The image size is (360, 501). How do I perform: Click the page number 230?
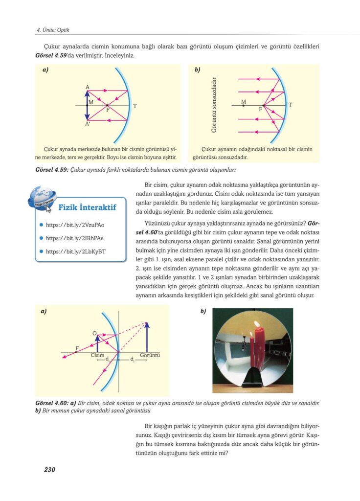click(x=49, y=470)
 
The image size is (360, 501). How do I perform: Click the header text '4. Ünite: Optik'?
click(x=53, y=30)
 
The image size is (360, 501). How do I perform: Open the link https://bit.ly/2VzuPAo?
click(x=75, y=225)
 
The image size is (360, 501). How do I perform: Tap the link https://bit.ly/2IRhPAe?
click(x=75, y=238)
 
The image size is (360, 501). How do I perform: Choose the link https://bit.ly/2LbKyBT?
click(x=76, y=251)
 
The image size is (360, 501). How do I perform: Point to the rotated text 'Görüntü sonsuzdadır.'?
click(x=214, y=104)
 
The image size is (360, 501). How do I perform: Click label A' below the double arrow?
click(x=88, y=125)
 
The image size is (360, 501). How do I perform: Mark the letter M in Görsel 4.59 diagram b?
click(x=244, y=102)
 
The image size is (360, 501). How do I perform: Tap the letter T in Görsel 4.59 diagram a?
click(x=135, y=106)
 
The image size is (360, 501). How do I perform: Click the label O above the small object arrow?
click(x=94, y=333)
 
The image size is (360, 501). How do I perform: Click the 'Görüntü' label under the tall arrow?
click(x=150, y=355)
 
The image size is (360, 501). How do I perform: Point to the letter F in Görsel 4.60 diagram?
click(x=76, y=348)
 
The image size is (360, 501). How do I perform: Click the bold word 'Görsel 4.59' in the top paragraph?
click(x=52, y=55)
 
